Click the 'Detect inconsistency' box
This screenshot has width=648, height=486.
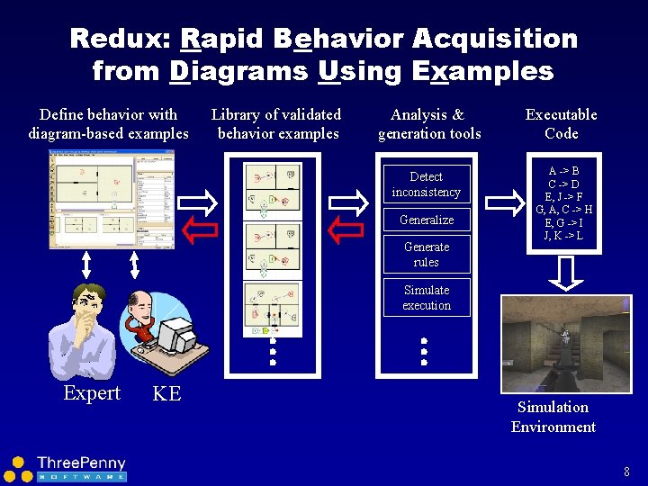click(426, 184)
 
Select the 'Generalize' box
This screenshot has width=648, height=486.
click(426, 220)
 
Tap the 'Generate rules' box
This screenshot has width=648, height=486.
click(426, 254)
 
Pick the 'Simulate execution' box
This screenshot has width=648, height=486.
click(426, 298)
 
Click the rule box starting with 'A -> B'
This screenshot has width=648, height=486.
click(563, 203)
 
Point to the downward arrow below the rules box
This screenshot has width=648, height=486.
click(565, 273)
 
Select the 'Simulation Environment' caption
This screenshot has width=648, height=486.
click(553, 417)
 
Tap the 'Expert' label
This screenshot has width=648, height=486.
click(92, 393)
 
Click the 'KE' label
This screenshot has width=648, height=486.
click(166, 393)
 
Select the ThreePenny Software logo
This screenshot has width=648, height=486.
click(67, 468)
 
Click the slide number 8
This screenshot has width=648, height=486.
click(625, 471)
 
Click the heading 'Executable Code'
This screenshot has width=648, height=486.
click(561, 124)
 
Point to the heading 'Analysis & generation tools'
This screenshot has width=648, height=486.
click(428, 124)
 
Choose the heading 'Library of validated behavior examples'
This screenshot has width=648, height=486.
click(277, 124)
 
